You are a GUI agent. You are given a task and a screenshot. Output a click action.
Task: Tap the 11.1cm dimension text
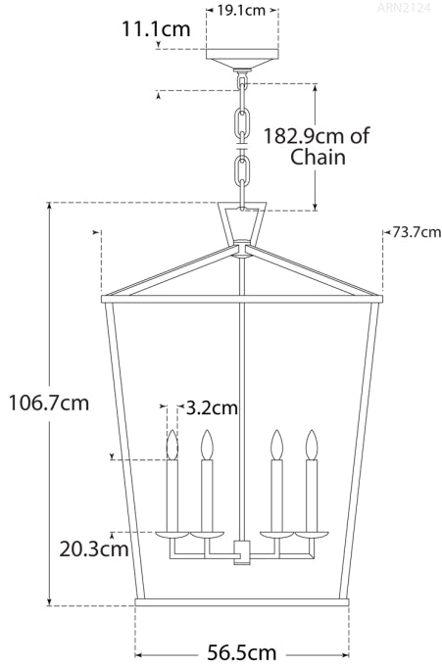[155, 28]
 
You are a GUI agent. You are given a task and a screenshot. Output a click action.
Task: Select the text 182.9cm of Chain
[316, 146]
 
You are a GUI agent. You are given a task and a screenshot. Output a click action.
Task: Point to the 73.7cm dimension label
[416, 232]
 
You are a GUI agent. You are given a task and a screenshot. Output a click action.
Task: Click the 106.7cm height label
[48, 403]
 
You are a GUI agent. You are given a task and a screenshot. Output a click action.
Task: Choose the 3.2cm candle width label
[212, 404]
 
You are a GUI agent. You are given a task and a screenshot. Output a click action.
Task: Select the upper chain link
[242, 122]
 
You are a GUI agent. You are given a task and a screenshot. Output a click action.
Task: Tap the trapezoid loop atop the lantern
[242, 225]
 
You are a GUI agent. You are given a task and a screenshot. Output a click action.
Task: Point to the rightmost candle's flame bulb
[312, 446]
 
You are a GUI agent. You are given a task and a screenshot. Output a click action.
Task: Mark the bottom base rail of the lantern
[242, 599]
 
